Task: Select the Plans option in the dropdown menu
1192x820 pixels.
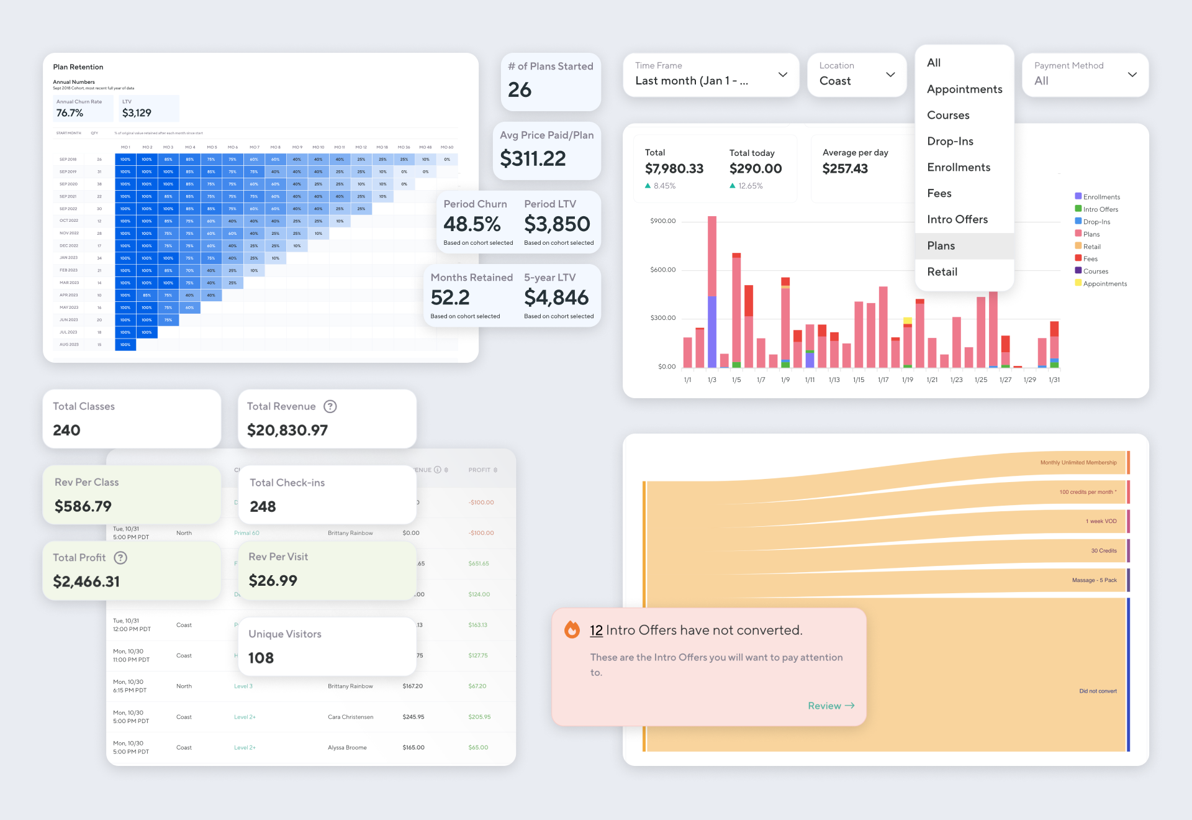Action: (x=941, y=246)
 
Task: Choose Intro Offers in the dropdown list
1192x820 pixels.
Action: (x=957, y=220)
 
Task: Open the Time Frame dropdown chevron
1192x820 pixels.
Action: (x=782, y=75)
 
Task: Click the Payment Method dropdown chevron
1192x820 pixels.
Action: (x=1132, y=75)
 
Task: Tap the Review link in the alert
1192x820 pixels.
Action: (x=831, y=706)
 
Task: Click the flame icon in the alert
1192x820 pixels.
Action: (x=572, y=630)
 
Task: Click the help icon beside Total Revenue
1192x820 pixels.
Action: (x=330, y=407)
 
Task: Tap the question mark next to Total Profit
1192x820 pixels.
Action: (x=120, y=558)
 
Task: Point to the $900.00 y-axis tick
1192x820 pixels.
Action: (x=662, y=221)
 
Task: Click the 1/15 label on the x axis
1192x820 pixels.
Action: (x=858, y=380)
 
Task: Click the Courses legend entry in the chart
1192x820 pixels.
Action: (x=1095, y=271)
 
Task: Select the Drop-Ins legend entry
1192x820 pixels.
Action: (x=1096, y=222)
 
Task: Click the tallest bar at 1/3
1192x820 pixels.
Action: (x=712, y=261)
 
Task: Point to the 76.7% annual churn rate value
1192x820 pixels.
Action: (x=70, y=113)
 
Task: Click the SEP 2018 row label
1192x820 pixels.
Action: (x=68, y=160)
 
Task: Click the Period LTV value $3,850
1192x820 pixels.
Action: (x=557, y=224)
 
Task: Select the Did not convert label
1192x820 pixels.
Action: (x=1097, y=691)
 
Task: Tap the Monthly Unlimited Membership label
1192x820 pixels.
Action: (x=1078, y=463)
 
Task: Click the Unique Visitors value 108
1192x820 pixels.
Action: (x=261, y=658)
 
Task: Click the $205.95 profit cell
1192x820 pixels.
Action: (x=479, y=717)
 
